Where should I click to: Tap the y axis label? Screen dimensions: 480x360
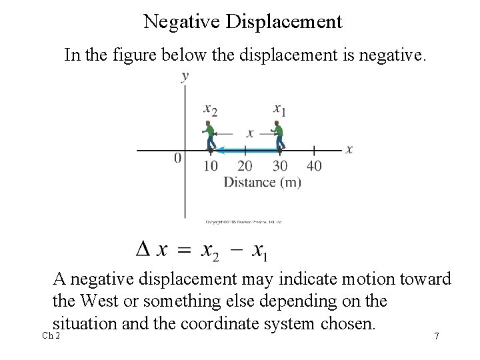[x=185, y=77]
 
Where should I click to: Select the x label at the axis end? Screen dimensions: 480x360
[x=349, y=149]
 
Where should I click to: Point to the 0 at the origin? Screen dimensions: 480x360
[x=177, y=159]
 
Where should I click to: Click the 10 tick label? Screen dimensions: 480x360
[x=211, y=166]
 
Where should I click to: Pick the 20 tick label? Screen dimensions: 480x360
[x=245, y=166]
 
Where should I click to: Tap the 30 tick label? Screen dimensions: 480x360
[x=279, y=166]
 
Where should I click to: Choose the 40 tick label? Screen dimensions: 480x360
[x=313, y=166]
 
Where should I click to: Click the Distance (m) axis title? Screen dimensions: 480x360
[x=262, y=181]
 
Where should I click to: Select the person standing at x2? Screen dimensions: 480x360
[x=211, y=135]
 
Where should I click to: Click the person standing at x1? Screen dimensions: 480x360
[x=278, y=135]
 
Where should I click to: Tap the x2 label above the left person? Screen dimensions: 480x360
[x=210, y=108]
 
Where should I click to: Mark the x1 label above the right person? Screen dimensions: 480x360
[x=279, y=108]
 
